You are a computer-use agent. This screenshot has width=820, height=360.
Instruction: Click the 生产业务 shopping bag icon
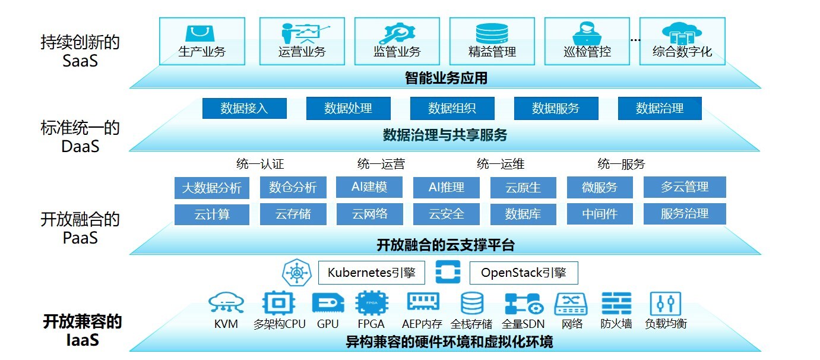pos(202,33)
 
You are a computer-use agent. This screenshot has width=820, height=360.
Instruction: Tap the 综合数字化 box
pos(682,41)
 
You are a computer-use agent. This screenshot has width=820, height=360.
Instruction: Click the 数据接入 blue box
pos(244,109)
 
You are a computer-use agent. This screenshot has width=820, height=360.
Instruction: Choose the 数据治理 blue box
pos(660,109)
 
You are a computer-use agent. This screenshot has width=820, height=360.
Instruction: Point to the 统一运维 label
pos(501,164)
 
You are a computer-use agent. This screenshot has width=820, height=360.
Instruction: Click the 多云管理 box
pos(685,187)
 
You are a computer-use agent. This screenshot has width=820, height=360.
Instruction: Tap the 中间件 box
pos(600,214)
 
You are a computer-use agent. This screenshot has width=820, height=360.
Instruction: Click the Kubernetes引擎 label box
pos(371,273)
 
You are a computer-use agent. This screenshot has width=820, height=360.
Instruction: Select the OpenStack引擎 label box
pos(523,273)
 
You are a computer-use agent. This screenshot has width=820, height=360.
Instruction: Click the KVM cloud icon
pos(226,303)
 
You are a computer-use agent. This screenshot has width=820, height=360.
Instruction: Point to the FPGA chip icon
pos(372,303)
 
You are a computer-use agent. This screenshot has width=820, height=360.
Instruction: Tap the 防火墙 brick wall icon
pos(616,303)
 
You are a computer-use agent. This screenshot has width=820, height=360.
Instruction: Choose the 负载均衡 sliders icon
pos(666,303)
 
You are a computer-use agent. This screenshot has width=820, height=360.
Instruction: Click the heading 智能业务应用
pos(446,78)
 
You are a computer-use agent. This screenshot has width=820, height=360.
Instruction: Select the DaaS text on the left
pos(80,146)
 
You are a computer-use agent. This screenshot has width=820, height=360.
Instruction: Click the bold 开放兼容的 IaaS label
pos(82,331)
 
